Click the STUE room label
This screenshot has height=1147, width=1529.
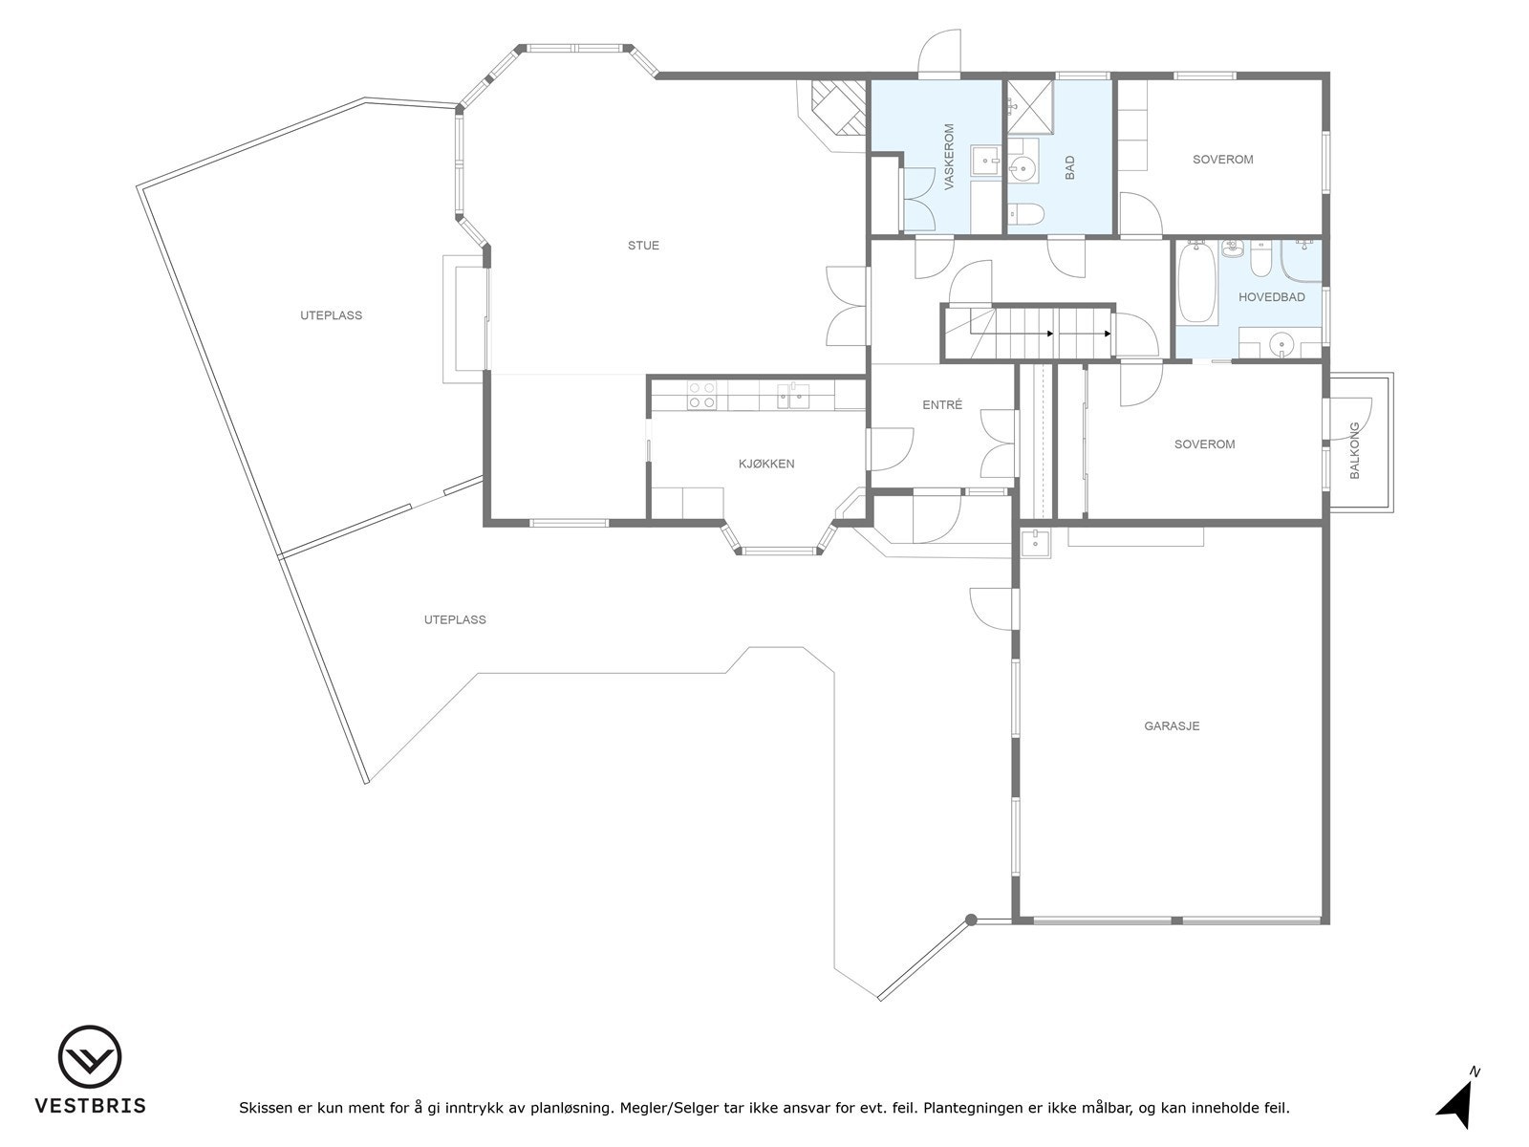click(x=643, y=245)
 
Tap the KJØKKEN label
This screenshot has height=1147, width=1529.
click(x=766, y=464)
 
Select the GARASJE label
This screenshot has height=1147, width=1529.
click(x=1172, y=725)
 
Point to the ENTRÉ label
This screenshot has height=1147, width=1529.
click(x=942, y=404)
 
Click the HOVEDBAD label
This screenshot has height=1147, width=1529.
click(x=1271, y=297)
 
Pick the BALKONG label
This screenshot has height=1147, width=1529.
click(x=1354, y=450)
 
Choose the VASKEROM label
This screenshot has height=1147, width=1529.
click(x=949, y=158)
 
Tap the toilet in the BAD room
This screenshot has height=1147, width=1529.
click(x=1026, y=213)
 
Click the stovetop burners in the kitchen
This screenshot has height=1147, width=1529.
click(x=701, y=395)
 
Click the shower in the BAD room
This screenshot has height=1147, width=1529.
click(x=1030, y=107)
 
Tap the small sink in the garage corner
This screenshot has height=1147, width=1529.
click(x=1036, y=543)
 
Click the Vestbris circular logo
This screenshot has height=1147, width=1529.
click(x=90, y=1056)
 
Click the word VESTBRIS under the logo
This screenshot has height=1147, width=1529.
click(x=91, y=1105)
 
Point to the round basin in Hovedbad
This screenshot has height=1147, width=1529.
click(x=1281, y=344)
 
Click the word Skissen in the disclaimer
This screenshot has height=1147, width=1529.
click(x=266, y=1108)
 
